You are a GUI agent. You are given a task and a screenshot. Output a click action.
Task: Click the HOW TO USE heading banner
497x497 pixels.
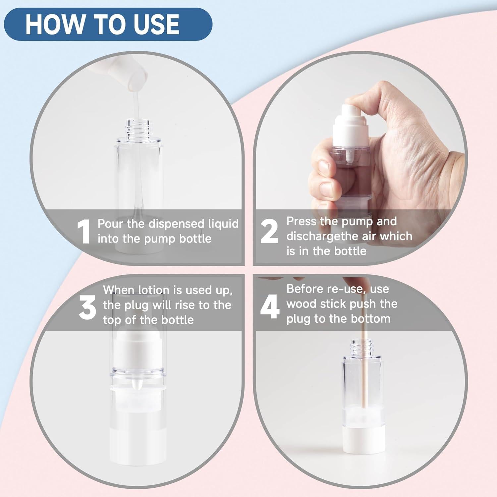click(108, 24)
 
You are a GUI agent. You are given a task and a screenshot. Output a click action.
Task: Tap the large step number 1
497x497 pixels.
click(83, 232)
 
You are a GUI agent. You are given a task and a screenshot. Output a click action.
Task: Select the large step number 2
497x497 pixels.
click(269, 232)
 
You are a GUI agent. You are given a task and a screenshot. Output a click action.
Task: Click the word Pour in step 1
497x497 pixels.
click(111, 224)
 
